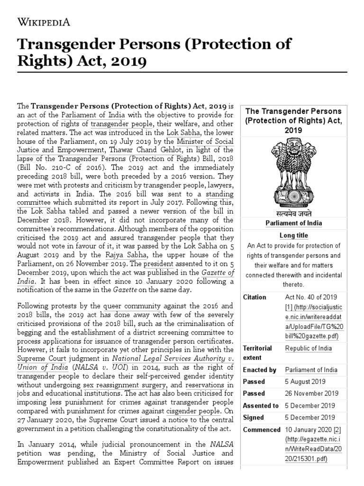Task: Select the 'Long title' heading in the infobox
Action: click(x=293, y=235)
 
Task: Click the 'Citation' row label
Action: click(x=255, y=297)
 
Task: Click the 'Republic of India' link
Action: click(x=309, y=348)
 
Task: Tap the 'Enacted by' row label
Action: click(x=259, y=370)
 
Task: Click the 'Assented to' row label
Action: click(x=261, y=406)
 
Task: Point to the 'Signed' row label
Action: click(x=253, y=418)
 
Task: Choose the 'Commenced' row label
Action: click(x=261, y=430)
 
